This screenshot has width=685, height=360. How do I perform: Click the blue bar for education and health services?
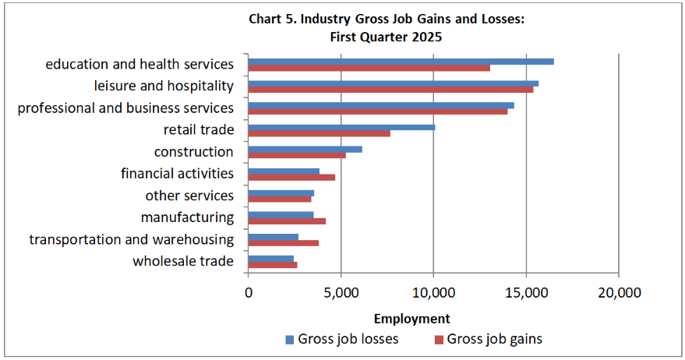[x=401, y=62]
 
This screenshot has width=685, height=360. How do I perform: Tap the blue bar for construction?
[x=305, y=149]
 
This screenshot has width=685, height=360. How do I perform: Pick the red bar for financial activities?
[x=291, y=177]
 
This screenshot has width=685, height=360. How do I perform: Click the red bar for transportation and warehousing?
[x=283, y=243]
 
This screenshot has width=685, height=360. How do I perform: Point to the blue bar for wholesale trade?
[x=270, y=259]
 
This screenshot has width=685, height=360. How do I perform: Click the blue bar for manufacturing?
[x=281, y=215]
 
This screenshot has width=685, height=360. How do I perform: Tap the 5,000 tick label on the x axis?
[x=341, y=293]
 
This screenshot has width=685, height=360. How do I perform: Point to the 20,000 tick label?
[x=618, y=293]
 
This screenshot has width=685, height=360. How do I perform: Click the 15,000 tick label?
[x=526, y=293]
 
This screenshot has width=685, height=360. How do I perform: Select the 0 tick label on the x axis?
[x=248, y=293]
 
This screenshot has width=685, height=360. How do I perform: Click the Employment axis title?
[x=411, y=318]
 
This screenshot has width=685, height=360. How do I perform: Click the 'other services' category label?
[x=189, y=196]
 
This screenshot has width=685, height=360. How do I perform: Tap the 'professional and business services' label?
[x=125, y=108]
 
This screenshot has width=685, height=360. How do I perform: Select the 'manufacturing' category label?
[x=187, y=217]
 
